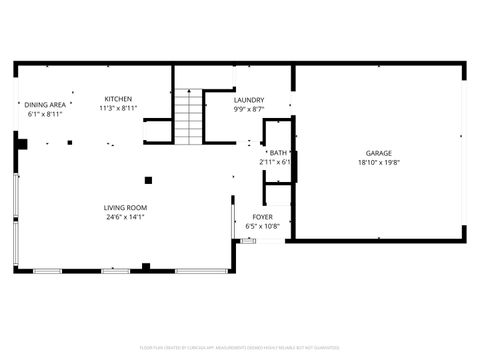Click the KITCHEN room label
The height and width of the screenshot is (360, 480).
118,99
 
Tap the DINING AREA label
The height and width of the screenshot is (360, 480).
46,104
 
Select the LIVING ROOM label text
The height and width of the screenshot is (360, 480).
126,208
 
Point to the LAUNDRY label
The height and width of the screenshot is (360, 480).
249,100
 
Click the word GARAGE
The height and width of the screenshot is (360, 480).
378,153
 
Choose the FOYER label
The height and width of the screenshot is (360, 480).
262,217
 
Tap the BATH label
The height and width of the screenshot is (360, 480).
277,153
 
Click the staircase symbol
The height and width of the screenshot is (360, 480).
189,116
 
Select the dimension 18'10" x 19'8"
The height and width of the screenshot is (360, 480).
378,162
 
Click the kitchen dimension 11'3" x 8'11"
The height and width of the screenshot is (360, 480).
118,108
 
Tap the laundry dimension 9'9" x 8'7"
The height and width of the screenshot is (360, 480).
249,109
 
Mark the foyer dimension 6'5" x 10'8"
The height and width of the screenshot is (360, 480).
262,226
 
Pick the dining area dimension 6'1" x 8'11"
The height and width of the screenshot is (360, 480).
46,113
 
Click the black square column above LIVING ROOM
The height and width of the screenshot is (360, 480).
148,180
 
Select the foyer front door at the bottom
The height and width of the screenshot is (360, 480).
249,240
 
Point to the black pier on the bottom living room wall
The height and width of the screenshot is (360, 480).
146,267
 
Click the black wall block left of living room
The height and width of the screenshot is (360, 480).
20,143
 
